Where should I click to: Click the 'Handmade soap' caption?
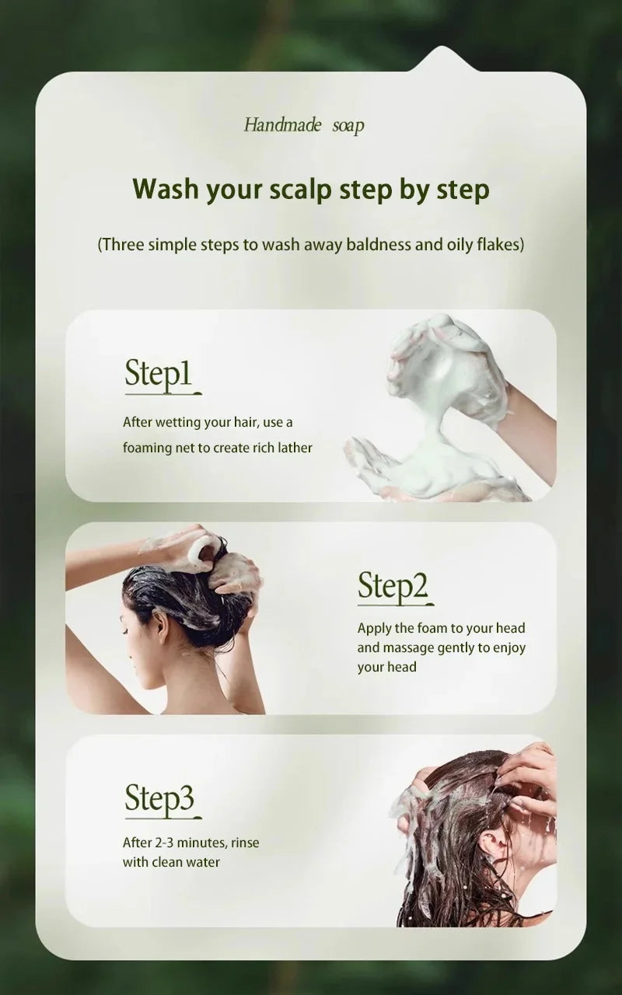(303, 125)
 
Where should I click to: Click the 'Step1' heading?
(158, 374)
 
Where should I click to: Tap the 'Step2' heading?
(393, 587)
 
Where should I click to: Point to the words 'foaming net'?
(156, 449)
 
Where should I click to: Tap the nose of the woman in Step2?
(122, 628)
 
